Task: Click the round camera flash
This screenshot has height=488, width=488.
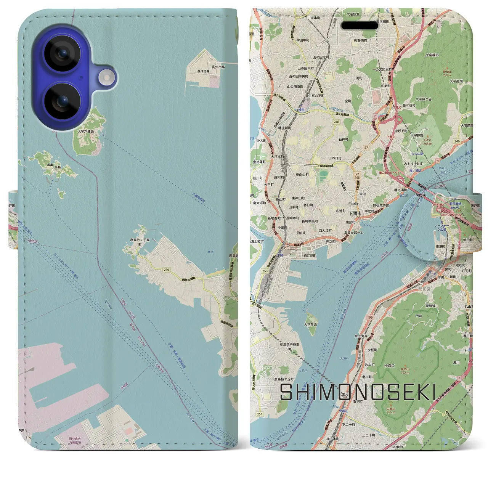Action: (x=107, y=77)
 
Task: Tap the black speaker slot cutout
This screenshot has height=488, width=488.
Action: (x=359, y=26)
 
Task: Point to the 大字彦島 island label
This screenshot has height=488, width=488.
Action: (x=310, y=325)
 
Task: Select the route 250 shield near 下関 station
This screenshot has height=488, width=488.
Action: (x=265, y=271)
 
